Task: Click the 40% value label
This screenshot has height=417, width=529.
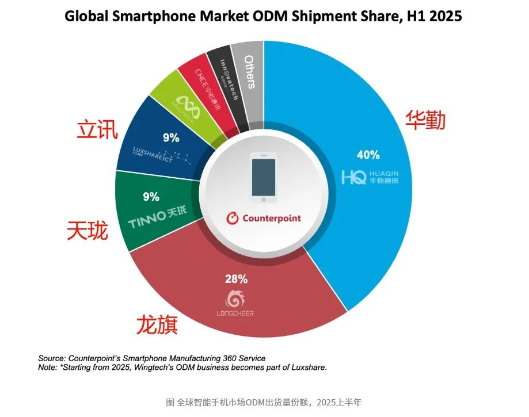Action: tap(368, 155)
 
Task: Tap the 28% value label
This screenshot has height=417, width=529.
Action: tap(236, 280)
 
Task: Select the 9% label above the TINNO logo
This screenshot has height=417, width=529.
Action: tap(151, 197)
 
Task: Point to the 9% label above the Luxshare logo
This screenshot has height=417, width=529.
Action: tap(171, 137)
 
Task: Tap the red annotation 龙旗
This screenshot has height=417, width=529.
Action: tap(157, 324)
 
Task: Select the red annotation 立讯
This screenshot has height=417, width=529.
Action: tap(97, 130)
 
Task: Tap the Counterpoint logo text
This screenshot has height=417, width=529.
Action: tap(264, 219)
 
